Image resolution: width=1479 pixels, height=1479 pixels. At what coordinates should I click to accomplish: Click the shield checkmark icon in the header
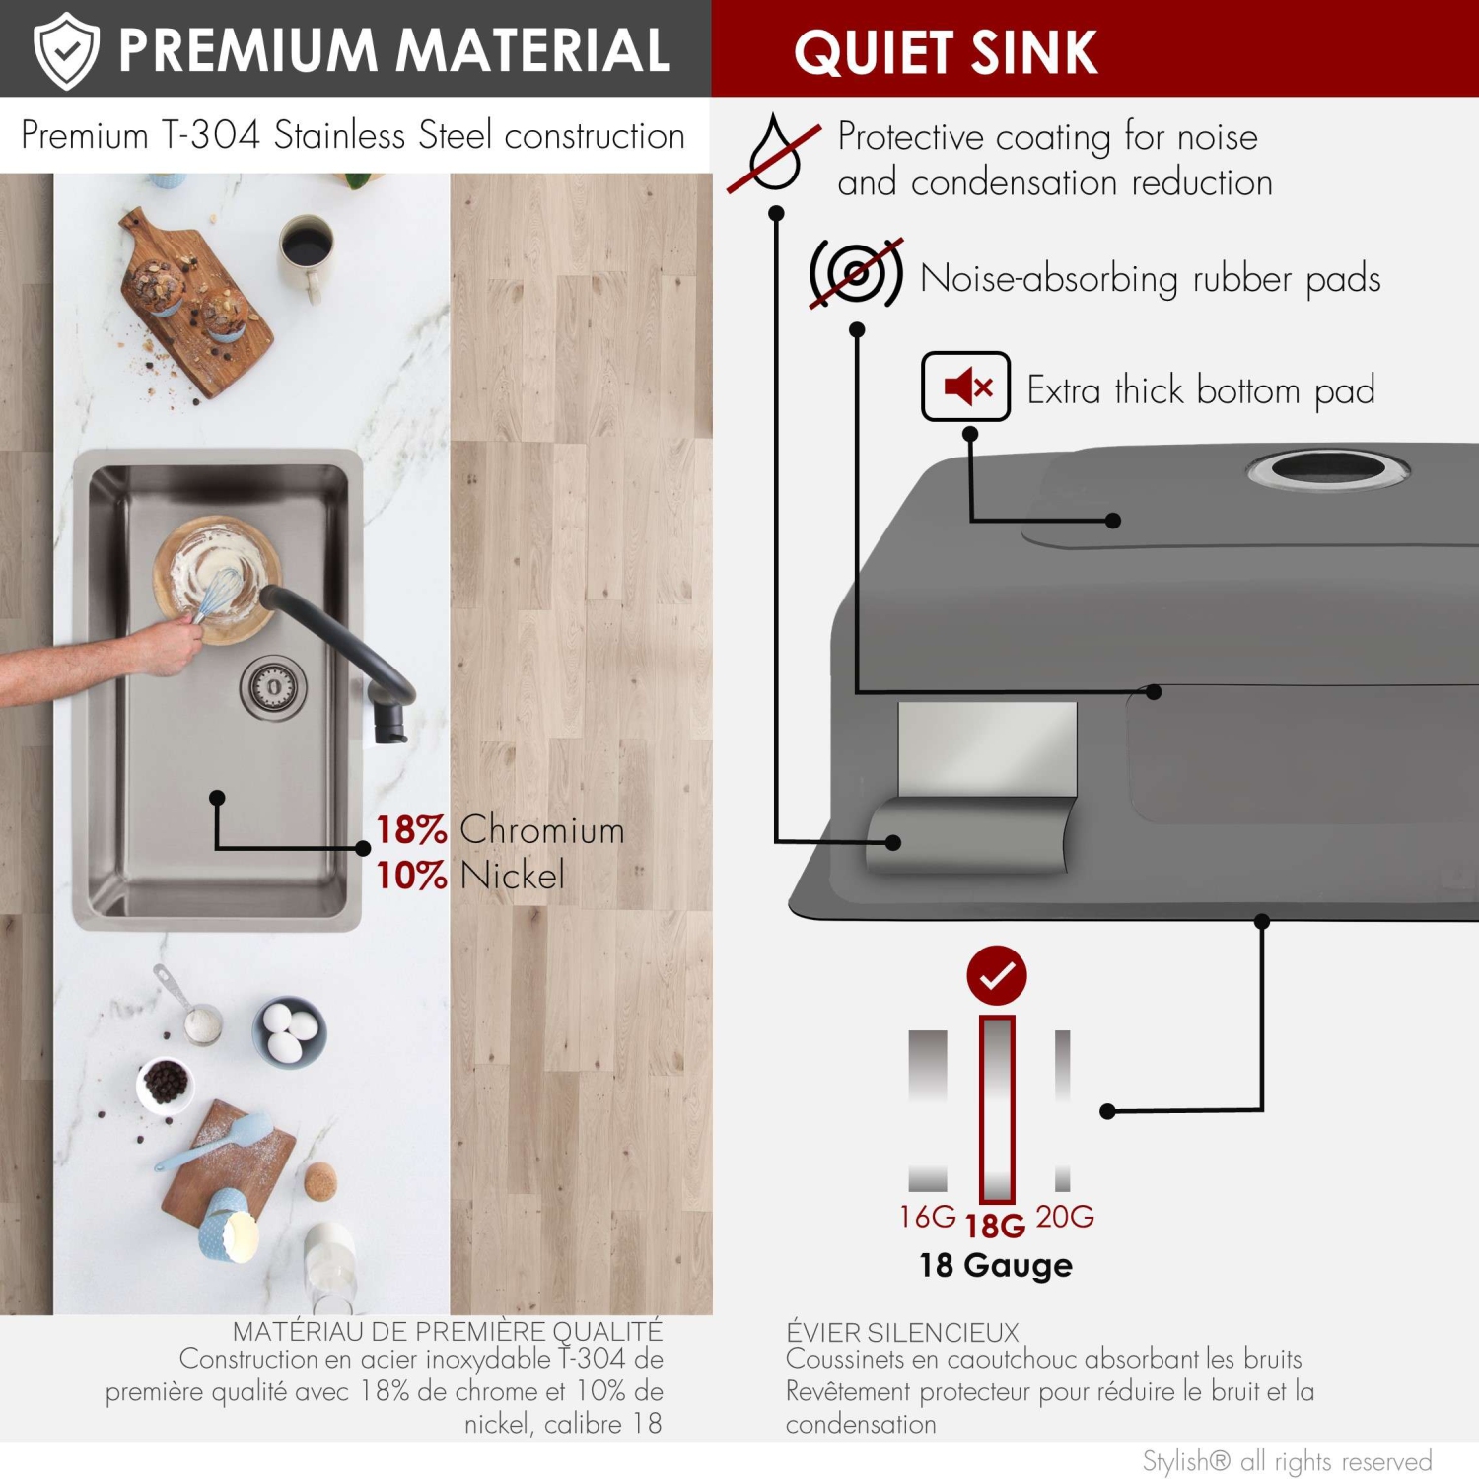(66, 50)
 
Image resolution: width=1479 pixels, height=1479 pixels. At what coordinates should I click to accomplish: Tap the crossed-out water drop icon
(774, 152)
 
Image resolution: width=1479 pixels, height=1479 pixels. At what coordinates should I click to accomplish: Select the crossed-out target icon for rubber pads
(856, 273)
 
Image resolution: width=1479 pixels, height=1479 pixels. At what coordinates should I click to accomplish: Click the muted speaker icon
(965, 387)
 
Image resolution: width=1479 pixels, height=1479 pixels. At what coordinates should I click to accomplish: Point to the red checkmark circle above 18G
(997, 975)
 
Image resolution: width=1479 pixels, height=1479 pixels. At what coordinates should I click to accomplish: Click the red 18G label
(995, 1226)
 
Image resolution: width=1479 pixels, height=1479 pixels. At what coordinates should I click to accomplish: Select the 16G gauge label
(927, 1217)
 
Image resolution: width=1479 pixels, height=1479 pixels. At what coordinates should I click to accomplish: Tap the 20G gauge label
(1065, 1217)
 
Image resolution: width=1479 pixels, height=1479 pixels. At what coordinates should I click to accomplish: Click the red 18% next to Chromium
(411, 830)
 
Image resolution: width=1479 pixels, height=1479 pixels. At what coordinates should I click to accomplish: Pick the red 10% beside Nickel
(411, 876)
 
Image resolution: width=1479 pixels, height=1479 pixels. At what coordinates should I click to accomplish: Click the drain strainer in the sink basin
(272, 687)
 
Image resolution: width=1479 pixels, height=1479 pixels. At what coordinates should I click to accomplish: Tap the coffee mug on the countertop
(307, 252)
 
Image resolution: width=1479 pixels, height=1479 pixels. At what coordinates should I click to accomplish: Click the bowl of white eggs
(289, 1031)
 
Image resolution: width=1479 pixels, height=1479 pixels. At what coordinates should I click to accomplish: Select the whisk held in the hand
(219, 592)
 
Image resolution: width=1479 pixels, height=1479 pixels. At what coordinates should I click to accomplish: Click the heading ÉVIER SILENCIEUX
(902, 1332)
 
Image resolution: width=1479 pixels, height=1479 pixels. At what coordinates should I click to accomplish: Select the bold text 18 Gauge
(996, 1265)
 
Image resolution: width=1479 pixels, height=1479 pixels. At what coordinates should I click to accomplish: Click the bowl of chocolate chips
(165, 1084)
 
